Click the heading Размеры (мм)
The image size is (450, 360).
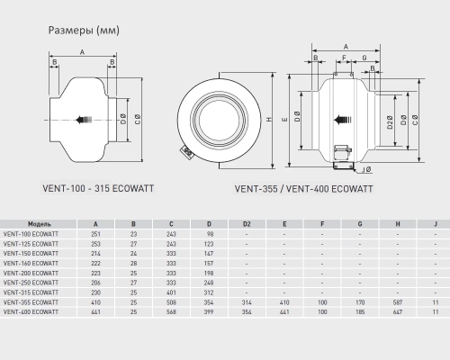coord(84,31)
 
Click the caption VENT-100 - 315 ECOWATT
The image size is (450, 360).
coord(98,188)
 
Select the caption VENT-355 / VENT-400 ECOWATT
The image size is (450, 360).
coord(303,189)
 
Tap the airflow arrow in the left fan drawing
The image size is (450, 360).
coord(84,120)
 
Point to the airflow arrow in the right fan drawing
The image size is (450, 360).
coord(342,120)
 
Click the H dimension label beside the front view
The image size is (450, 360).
coord(269,120)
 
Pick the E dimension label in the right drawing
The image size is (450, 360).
coord(285,120)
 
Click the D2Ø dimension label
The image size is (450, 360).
coord(390,122)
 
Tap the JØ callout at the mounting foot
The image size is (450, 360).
coord(366,170)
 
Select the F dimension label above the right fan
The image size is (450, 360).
coord(344,58)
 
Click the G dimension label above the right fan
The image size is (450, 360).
coord(364,58)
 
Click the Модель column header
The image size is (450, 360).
coord(40,224)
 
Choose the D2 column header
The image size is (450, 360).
coord(247,224)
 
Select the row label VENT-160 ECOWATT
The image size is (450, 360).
coord(31,264)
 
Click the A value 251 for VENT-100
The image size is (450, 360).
coord(95,234)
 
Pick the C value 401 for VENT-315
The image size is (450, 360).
coord(171,292)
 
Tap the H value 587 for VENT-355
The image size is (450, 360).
coord(398,302)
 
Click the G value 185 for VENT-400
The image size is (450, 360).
coord(360,312)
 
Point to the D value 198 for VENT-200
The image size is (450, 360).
coord(209,274)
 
